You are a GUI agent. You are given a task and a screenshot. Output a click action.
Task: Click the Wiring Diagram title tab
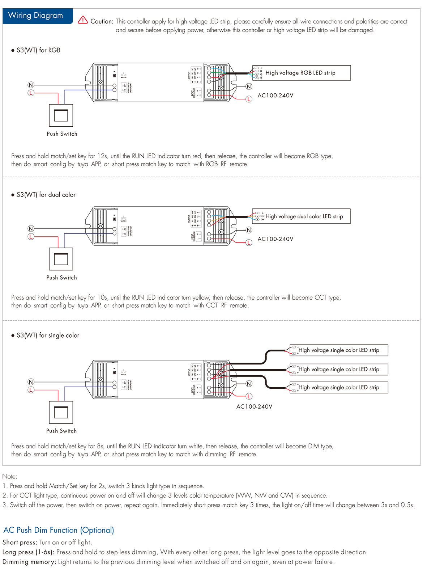pyautogui.click(x=36, y=16)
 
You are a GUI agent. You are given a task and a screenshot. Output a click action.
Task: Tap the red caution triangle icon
pyautogui.click(x=83, y=20)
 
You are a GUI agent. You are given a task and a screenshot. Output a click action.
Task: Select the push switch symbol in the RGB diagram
pyautogui.click(x=61, y=115)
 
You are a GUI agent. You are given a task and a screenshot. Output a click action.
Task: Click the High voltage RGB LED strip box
pyautogui.click(x=302, y=73)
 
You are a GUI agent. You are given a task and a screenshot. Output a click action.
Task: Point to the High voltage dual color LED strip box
pyautogui.click(x=301, y=216)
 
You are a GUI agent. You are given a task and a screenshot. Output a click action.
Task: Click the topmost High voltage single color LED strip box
pyautogui.click(x=339, y=350)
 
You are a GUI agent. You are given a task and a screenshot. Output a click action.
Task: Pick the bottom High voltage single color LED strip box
pyautogui.click(x=339, y=388)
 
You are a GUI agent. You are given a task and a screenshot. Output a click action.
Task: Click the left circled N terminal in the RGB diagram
pyautogui.click(x=31, y=85)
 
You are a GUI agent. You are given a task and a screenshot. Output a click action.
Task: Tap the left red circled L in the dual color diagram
pyautogui.click(x=31, y=237)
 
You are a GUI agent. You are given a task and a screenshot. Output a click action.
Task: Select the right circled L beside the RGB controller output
pyautogui.click(x=249, y=99)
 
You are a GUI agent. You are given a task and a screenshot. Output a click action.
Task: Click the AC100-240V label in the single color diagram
pyautogui.click(x=254, y=407)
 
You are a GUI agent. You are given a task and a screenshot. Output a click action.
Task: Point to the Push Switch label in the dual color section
pyautogui.click(x=61, y=278)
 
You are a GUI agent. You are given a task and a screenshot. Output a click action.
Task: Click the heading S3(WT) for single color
pyautogui.click(x=48, y=336)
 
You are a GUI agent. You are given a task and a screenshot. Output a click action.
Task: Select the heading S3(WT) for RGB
pyautogui.click(x=38, y=50)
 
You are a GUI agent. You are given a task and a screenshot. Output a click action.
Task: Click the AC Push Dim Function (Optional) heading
pyautogui.click(x=59, y=530)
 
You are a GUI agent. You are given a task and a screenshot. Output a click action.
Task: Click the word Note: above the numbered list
pyautogui.click(x=10, y=477)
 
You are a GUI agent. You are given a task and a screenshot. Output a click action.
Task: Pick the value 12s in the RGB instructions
pyautogui.click(x=102, y=156)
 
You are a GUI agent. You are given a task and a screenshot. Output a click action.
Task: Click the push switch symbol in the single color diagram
pyautogui.click(x=61, y=412)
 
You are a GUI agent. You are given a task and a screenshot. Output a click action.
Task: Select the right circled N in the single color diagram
pyautogui.click(x=249, y=384)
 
